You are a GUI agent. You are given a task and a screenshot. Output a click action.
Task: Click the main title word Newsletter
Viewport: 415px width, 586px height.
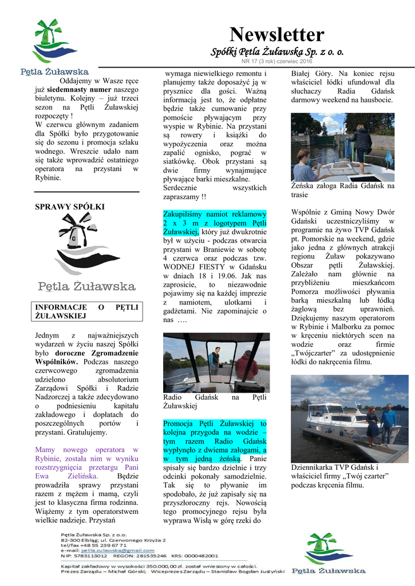(x=276, y=35)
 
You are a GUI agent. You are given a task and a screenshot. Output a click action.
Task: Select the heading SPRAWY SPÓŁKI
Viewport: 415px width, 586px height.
(x=70, y=207)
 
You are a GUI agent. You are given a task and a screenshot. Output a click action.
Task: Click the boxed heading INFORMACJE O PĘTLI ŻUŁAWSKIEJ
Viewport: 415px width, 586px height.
(x=87, y=311)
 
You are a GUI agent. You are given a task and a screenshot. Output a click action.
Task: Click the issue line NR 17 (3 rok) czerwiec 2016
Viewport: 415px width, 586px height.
(x=276, y=61)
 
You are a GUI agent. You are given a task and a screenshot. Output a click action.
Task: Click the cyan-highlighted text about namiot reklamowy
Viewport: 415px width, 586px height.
(x=214, y=222)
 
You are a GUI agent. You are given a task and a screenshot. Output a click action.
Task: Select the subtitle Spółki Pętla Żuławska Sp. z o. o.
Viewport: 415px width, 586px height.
(x=277, y=52)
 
